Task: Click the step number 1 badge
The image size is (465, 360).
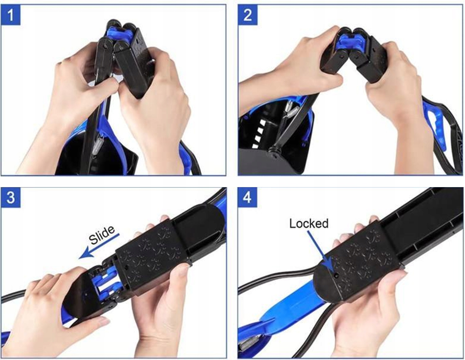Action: pyautogui.click(x=11, y=15)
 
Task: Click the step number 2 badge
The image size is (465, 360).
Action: pyautogui.click(x=248, y=15)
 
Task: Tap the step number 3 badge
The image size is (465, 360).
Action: pyautogui.click(x=11, y=197)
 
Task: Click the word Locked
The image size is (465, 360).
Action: pyautogui.click(x=309, y=224)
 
